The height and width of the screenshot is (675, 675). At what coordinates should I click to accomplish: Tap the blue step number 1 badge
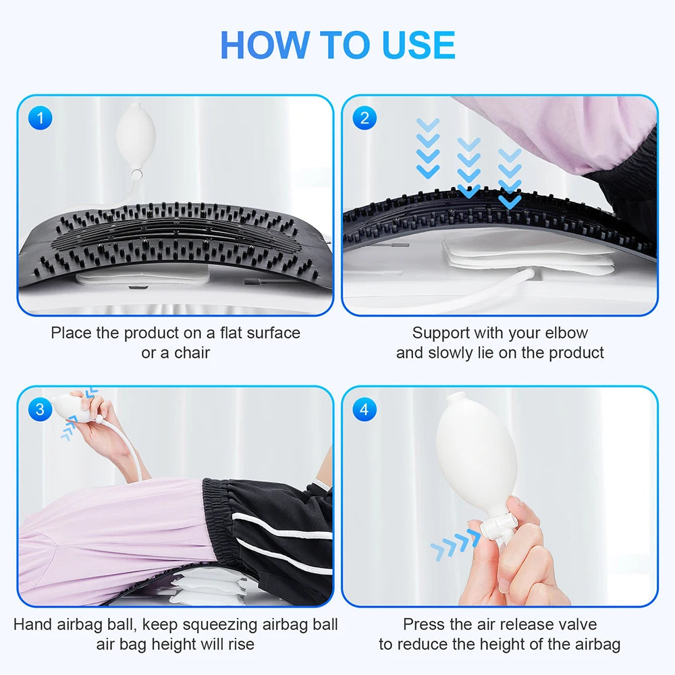[40, 119]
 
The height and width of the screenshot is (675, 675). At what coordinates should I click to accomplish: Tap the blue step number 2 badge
[364, 119]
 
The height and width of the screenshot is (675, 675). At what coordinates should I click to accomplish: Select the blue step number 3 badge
[40, 409]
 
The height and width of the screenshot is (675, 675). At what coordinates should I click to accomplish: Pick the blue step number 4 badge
[364, 409]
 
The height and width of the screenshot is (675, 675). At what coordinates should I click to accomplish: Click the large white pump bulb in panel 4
[476, 459]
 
